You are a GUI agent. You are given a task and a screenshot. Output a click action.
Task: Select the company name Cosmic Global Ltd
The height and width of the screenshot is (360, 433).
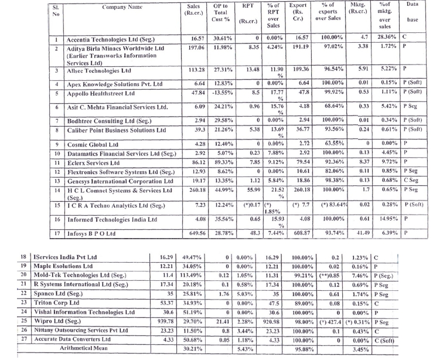pyautogui.click(x=93, y=143)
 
